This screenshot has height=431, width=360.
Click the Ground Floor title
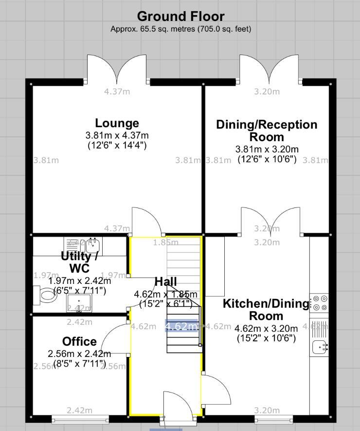tap(180, 17)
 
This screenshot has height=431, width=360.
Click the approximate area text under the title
tap(180, 29)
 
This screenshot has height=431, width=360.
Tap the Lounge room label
tap(117, 123)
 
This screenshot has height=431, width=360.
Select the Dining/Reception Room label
tap(267, 131)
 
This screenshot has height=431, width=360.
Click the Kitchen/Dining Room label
tap(266, 310)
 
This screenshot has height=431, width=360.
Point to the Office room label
tap(79, 341)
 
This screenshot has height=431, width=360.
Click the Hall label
tap(165, 281)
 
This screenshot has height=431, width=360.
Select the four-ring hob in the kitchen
tap(319, 303)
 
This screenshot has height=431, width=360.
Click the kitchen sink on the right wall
tap(319, 347)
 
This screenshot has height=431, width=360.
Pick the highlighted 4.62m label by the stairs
tap(181, 326)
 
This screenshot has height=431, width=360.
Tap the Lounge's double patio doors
tap(117, 68)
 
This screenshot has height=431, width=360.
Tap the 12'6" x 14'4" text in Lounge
tap(117, 145)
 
